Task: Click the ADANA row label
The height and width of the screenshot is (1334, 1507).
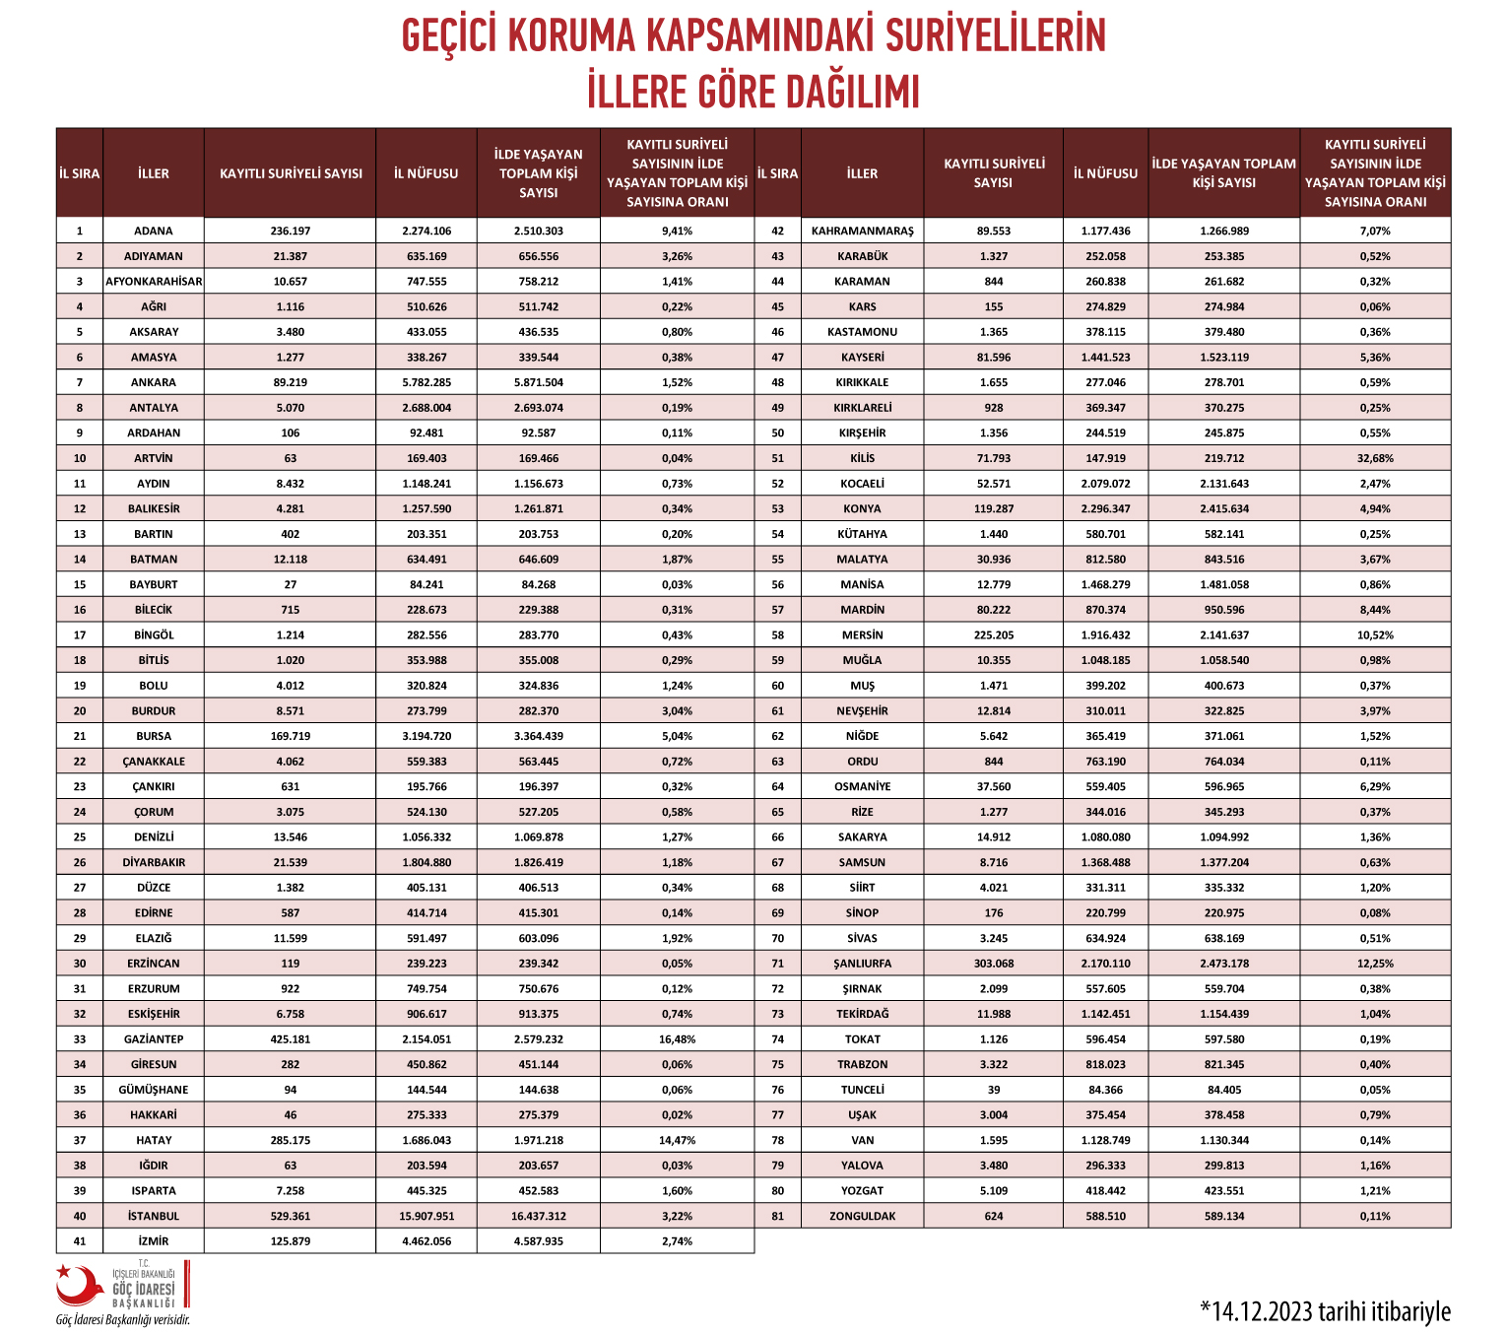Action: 153,231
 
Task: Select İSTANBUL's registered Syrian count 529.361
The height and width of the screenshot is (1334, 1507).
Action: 290,1216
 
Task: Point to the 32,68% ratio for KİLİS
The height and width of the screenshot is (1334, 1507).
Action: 1375,458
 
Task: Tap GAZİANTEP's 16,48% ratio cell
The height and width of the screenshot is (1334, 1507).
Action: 677,1039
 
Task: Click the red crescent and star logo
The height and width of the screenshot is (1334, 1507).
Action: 79,1284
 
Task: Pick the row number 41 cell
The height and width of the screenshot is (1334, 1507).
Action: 80,1241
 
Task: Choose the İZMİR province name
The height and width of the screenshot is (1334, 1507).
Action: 153,1241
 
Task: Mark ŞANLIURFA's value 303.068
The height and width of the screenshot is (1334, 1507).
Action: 993,964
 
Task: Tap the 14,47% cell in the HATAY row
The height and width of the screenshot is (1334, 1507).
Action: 677,1140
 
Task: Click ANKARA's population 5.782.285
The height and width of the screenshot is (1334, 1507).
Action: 426,382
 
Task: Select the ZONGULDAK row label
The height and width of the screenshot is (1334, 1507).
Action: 862,1216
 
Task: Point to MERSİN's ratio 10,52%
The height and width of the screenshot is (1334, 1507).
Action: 1375,635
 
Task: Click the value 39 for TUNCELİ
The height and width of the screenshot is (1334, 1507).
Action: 993,1090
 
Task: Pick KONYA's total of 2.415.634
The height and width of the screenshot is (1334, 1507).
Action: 1223,508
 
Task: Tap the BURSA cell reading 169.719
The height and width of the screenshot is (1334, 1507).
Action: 290,736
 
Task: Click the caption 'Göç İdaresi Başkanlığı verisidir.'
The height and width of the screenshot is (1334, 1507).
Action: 122,1320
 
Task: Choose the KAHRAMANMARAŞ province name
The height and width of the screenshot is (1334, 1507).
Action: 862,231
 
